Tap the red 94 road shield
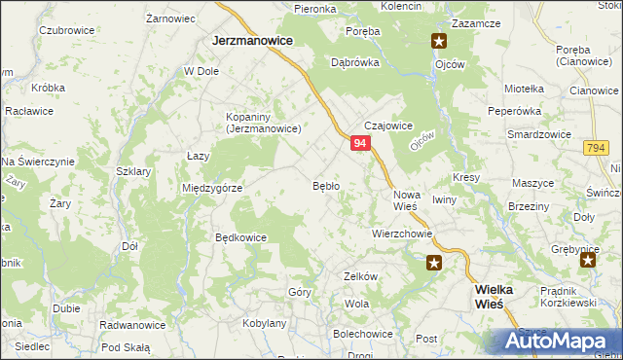coord(360,143)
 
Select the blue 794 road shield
coord(597,147)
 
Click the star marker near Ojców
coord(439,41)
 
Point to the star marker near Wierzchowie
coord(435,262)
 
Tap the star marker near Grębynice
coord(588,262)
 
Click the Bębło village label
coord(325,185)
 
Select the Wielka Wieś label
coord(501,297)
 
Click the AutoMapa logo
coord(558,341)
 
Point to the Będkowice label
coord(240,236)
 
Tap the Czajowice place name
coord(389,126)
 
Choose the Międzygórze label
coord(212,188)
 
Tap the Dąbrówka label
coord(354,60)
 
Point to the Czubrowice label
coord(66,30)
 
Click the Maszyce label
coord(532,183)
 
